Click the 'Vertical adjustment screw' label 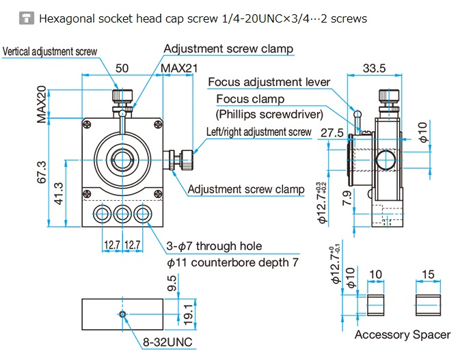coord(50,51)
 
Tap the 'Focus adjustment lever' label coord(269,82)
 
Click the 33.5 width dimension coord(373,68)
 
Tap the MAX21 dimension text coord(180,68)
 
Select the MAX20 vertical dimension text coord(41,105)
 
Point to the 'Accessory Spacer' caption coord(402,335)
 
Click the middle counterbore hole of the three coord(123,214)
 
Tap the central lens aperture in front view coord(123,159)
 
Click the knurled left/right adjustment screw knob coord(185,161)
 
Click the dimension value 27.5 coord(331,133)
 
